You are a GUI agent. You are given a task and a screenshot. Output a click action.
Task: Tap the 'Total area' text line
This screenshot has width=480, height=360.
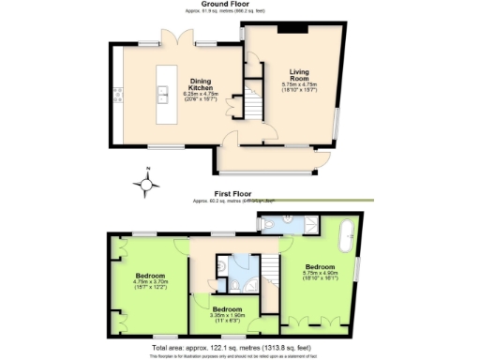coord(240,349)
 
